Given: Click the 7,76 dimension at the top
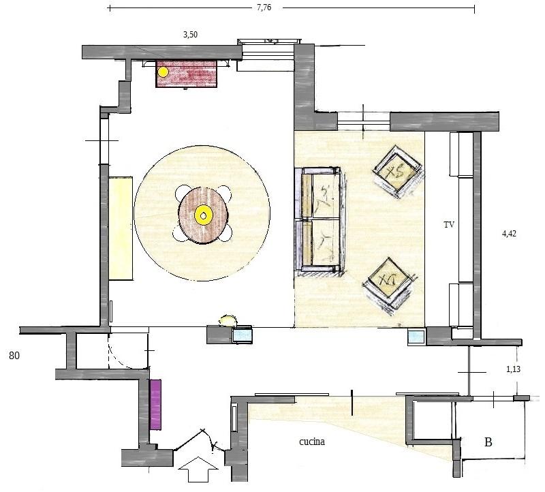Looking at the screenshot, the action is point(264,7).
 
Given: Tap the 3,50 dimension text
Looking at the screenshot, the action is point(190,35).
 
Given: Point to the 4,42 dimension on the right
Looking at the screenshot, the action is point(509,234).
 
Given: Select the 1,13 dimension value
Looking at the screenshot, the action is point(514,369).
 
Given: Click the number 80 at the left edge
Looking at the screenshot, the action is point(14,356).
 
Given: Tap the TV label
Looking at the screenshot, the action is point(449,225).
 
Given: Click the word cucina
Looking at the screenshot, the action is point(312,442).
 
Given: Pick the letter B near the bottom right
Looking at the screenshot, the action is point(488,442).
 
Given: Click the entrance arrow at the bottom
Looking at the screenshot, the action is point(198,469).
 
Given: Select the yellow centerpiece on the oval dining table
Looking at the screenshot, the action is point(203,215).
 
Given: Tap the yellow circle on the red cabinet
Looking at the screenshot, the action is point(163,72).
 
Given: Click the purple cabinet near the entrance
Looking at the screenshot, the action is point(155,404).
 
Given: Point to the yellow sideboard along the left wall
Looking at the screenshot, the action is point(121,228).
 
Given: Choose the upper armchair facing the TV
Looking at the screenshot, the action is point(398,172).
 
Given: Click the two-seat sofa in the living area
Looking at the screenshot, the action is point(320,219).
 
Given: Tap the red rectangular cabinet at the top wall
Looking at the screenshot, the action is point(187,74).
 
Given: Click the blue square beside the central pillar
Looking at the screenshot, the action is point(243,335).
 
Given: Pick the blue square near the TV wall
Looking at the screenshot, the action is point(416,337).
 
